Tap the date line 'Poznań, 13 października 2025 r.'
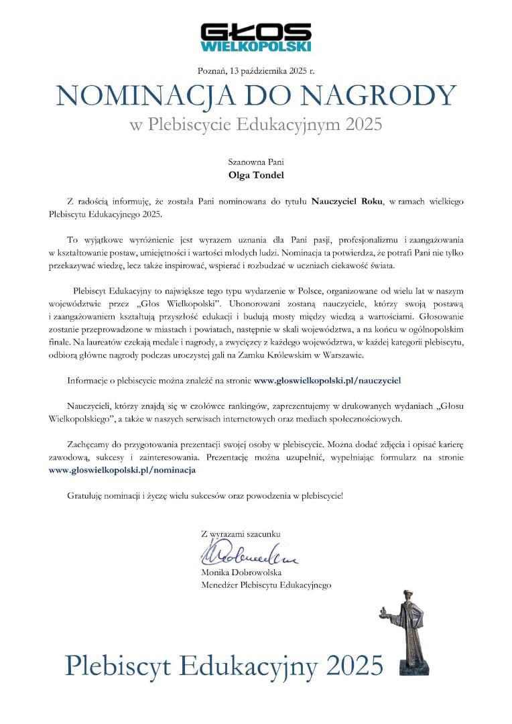pos(256,70)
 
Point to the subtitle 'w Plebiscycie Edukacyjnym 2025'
pos(255,124)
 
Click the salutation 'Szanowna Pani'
pos(255,162)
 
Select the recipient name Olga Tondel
pos(255,176)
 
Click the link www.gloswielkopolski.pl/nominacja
pos(123,470)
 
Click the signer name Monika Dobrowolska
pos(241,573)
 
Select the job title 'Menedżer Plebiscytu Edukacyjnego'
pos(266,585)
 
